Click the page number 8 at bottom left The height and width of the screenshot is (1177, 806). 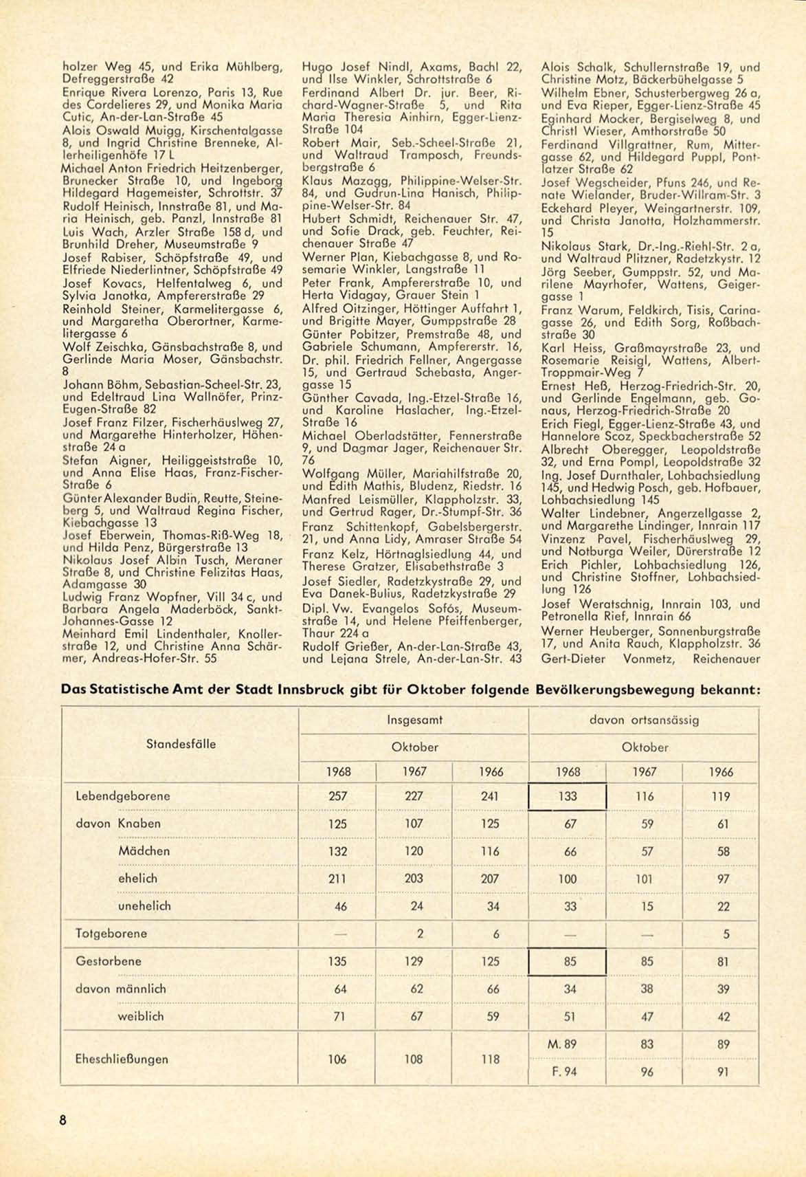[63, 1120]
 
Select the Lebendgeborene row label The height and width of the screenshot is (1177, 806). [123, 796]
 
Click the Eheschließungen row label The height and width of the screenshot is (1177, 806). [122, 1059]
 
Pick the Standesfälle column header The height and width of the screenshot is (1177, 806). [181, 744]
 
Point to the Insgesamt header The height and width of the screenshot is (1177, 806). [414, 720]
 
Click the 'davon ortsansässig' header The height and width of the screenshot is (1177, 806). [644, 720]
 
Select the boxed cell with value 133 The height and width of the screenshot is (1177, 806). [568, 797]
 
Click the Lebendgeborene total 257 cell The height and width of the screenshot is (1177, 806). [337, 796]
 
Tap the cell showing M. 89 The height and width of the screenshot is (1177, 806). [564, 1044]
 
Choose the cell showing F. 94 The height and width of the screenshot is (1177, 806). [564, 1071]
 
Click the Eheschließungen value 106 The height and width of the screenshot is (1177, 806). [337, 1059]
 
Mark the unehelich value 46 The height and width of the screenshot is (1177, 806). [340, 906]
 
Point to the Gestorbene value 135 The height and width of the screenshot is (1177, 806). [337, 961]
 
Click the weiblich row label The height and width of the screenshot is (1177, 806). [141, 1016]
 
